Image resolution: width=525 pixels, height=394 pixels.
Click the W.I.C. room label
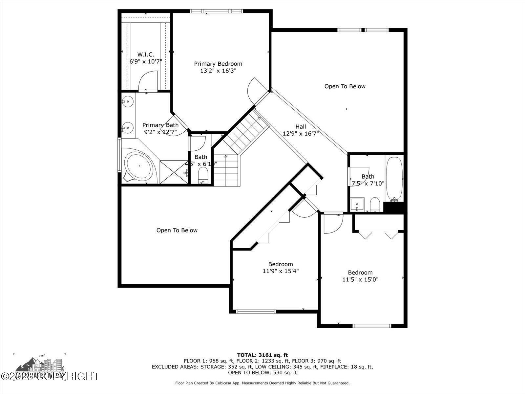coord(146,55)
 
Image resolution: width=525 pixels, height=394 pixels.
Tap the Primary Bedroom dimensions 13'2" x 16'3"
coord(218,71)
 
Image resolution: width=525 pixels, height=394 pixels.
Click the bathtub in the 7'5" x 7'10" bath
coord(394,179)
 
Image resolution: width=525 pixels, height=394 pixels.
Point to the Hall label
coord(301,126)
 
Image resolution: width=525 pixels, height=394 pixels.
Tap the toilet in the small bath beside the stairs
coord(203,175)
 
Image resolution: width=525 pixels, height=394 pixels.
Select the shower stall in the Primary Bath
coord(174,172)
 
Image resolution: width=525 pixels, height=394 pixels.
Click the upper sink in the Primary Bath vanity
coord(128,101)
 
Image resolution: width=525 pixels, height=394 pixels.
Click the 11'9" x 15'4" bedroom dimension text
coord(281,271)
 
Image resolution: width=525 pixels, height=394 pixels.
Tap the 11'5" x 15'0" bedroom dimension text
coord(360,280)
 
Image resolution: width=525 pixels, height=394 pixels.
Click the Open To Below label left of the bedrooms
coord(177,230)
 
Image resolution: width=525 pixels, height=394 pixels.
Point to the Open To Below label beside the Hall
coord(345,86)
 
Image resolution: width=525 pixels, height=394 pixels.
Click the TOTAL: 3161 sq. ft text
coord(262,355)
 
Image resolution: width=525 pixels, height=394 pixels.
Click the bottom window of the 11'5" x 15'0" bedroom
coord(372,326)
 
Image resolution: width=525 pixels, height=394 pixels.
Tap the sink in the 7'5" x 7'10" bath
coord(357,204)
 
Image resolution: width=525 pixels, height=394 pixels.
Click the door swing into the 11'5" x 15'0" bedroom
coord(332,223)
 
